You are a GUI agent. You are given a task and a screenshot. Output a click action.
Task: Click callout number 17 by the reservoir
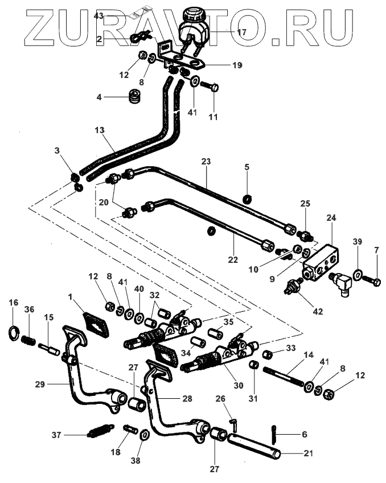tap(242, 32)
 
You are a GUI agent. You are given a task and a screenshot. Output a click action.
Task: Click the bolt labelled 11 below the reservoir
tap(212, 88)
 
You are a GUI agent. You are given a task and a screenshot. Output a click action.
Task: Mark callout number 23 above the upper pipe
tap(206, 162)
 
